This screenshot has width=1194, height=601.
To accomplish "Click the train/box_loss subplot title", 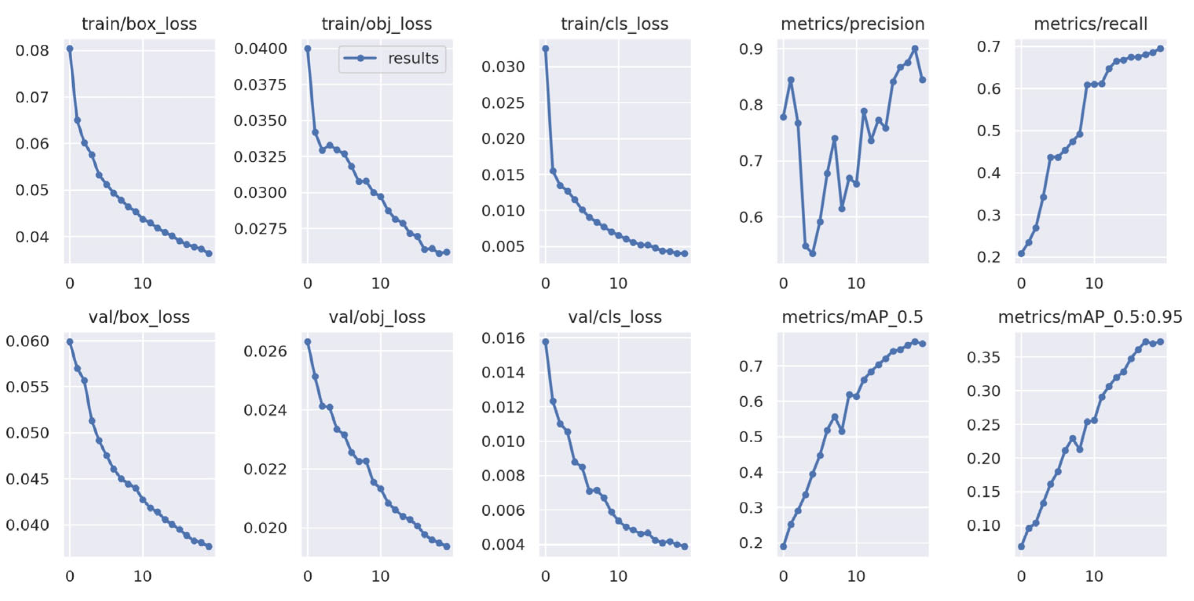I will (x=139, y=24).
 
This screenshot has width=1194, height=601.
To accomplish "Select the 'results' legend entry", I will (x=412, y=58).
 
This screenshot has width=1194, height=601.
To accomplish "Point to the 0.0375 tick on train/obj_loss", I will (x=260, y=85).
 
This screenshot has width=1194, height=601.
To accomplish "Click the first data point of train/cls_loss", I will (x=546, y=49).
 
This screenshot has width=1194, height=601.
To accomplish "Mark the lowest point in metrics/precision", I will (x=813, y=254).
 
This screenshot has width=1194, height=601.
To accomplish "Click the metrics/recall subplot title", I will (x=1091, y=24).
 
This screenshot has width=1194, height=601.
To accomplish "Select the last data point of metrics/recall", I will (x=1161, y=49).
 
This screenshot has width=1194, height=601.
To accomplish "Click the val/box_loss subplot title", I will (x=139, y=317).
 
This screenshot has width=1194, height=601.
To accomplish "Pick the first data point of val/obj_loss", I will (x=308, y=342).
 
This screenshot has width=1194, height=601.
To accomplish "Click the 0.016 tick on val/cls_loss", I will (x=503, y=338).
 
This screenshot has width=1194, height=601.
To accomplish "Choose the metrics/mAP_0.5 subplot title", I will (x=852, y=317).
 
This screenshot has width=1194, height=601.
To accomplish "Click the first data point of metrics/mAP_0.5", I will (x=783, y=546).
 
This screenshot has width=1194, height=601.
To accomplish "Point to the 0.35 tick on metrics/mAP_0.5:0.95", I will (x=983, y=357).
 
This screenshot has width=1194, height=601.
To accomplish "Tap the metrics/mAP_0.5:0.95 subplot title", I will (x=1090, y=317).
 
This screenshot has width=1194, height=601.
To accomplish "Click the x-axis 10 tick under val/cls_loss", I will (x=618, y=576).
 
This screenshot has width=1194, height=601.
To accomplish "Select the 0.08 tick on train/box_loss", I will (x=32, y=50).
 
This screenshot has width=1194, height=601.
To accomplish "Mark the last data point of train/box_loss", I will (x=209, y=254).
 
